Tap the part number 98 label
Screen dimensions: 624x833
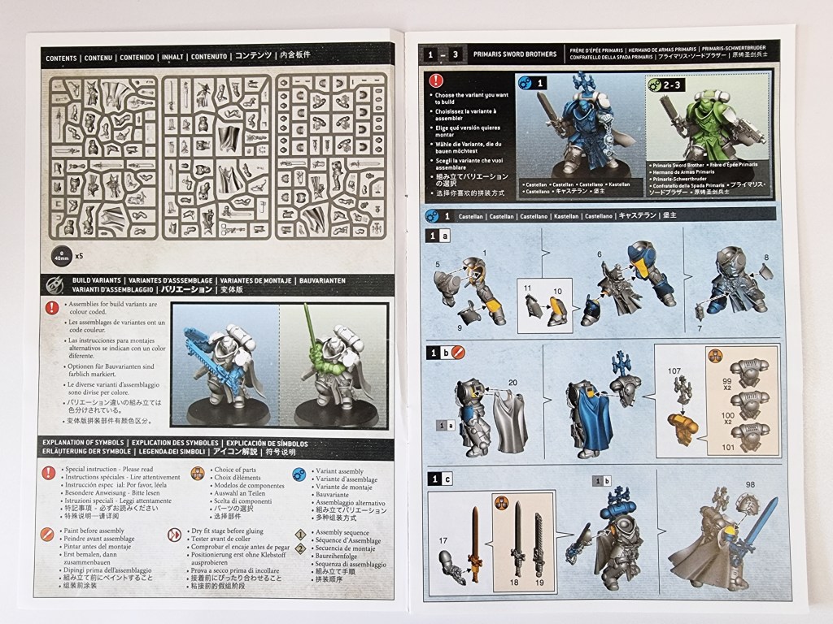[x=749, y=485]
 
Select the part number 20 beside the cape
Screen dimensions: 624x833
[x=512, y=383]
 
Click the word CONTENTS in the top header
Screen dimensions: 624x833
[x=62, y=58]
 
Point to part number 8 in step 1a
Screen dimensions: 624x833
[x=765, y=258]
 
